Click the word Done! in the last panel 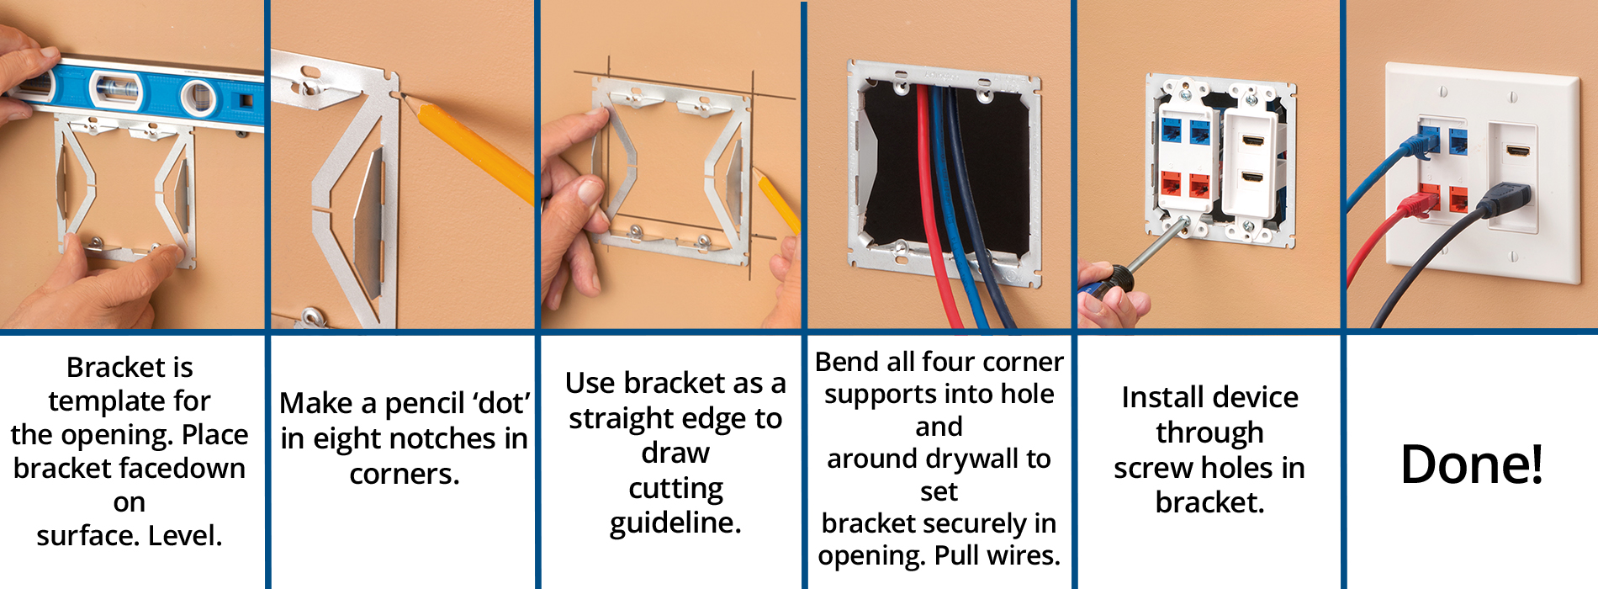(x=1472, y=464)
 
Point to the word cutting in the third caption (x=675, y=489)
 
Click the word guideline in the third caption (x=675, y=523)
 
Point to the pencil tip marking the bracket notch (x=403, y=97)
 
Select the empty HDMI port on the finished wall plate (x=1518, y=152)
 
